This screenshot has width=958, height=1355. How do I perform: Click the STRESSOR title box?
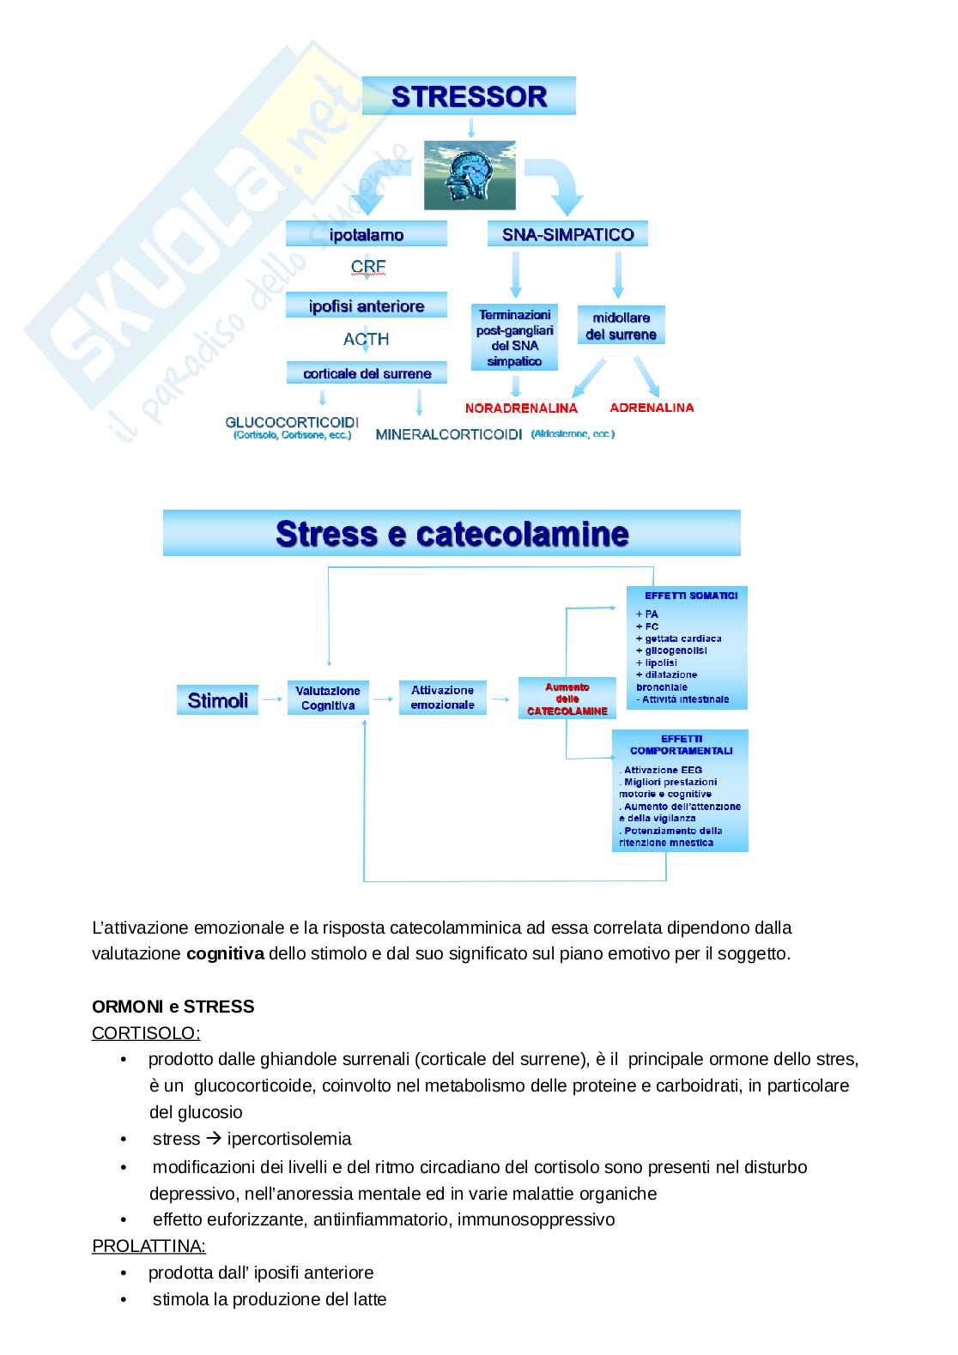(x=469, y=96)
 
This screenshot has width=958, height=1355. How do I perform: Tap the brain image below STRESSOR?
(x=470, y=175)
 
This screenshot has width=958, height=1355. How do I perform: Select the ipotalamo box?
(x=367, y=234)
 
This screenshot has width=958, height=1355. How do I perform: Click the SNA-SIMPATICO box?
(x=567, y=234)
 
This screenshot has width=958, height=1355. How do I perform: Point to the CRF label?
(x=368, y=267)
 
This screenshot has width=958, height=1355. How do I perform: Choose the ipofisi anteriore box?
(x=367, y=306)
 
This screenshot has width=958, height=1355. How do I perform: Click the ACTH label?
(x=367, y=339)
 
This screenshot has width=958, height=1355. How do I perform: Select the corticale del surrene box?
(x=367, y=373)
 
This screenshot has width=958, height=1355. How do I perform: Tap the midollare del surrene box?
(x=621, y=326)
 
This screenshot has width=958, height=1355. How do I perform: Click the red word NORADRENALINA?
(x=521, y=408)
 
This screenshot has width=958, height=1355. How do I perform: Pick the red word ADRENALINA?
(x=652, y=408)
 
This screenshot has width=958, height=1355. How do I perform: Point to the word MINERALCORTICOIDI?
(x=448, y=434)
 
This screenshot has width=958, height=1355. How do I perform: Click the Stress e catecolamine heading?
(x=452, y=534)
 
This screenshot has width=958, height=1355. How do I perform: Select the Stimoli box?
(x=217, y=700)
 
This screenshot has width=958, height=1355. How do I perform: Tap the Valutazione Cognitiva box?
(x=328, y=698)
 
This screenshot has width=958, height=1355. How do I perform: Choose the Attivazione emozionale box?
(x=442, y=697)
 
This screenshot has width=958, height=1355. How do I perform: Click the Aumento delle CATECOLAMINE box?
(x=567, y=699)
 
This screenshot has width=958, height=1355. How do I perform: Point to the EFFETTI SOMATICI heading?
(x=691, y=596)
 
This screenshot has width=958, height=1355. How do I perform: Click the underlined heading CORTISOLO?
(x=146, y=1033)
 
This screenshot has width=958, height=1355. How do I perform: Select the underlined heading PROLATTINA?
(x=149, y=1246)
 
